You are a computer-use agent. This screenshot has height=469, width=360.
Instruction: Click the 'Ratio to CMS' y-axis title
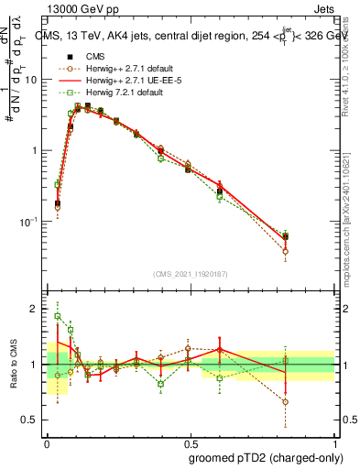coord(14,364)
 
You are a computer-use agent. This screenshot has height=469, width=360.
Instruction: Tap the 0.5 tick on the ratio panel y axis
coord(31,420)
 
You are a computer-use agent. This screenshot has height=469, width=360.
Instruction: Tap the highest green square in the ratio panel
coord(58,316)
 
